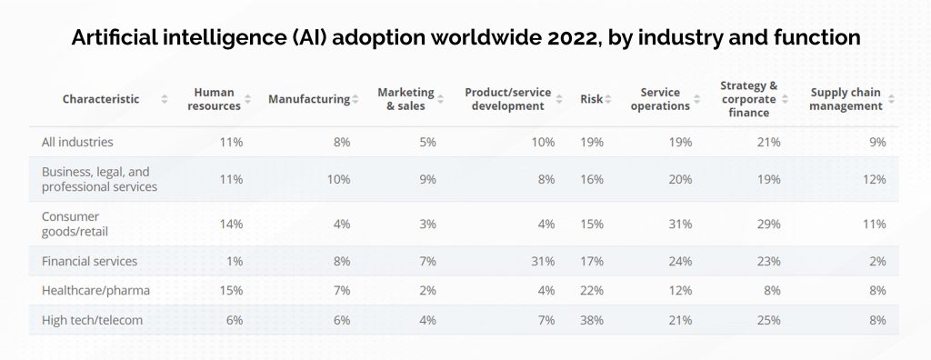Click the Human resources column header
tap(214, 99)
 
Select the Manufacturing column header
tap(308, 99)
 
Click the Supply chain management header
tap(846, 99)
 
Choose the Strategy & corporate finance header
tap(748, 99)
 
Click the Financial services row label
tap(89, 261)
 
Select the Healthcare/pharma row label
tap(95, 290)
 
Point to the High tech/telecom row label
tap(92, 320)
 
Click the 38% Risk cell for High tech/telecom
tap(591, 320)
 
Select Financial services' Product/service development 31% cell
tap(543, 261)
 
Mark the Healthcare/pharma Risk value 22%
tap(591, 290)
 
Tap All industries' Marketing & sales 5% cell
tap(427, 142)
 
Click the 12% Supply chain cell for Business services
tap(874, 179)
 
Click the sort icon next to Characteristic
tap(164, 99)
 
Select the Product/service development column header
tap(504, 99)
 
